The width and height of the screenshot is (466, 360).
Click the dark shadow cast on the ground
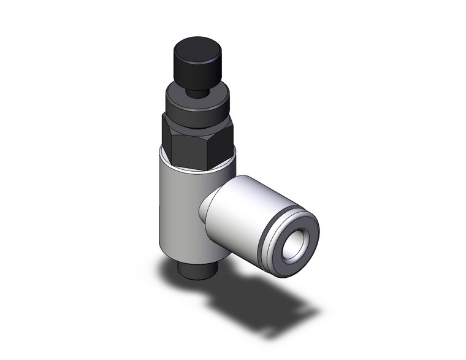(x=258, y=301)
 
